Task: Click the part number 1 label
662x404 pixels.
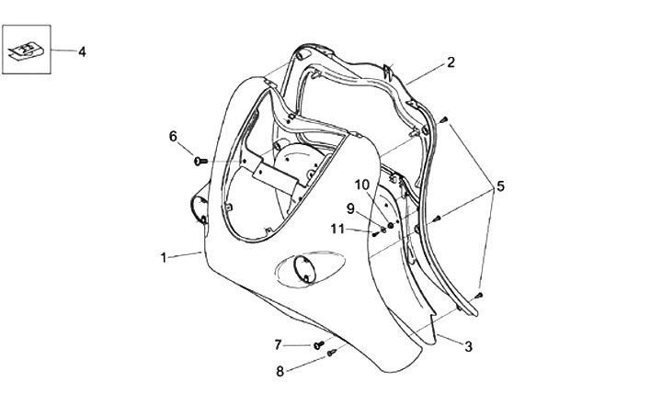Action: [x=164, y=258]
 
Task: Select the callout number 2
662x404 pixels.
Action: [x=451, y=62]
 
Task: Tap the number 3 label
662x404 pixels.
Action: [x=468, y=346]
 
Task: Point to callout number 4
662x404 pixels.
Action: [x=82, y=51]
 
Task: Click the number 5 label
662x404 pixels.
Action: [x=500, y=186]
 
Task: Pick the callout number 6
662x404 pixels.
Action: [x=173, y=137]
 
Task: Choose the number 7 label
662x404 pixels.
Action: [x=279, y=344]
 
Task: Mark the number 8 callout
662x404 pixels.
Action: [x=279, y=372]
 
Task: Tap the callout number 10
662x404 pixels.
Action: [x=362, y=185]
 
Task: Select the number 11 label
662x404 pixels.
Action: [x=338, y=229]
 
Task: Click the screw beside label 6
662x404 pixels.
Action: [x=199, y=162]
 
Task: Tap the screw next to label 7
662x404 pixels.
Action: [x=318, y=345]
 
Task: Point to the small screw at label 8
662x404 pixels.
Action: [x=333, y=353]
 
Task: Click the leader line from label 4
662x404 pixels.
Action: [x=62, y=51]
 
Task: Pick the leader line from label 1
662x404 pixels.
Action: [x=187, y=254]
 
